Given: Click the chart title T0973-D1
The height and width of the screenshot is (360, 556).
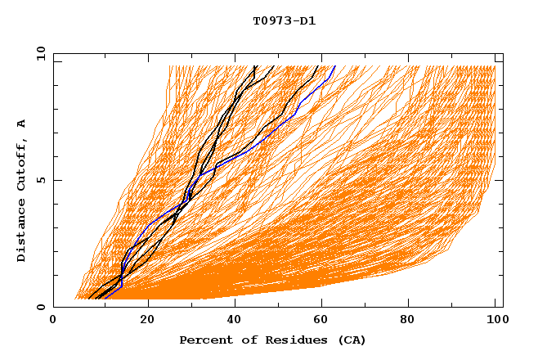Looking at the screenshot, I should [x=284, y=21].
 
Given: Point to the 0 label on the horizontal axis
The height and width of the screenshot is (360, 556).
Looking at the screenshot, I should [x=53, y=320].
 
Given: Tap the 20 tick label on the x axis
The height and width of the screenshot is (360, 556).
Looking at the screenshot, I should [x=147, y=320].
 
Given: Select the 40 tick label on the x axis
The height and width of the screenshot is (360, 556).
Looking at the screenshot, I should [x=235, y=320].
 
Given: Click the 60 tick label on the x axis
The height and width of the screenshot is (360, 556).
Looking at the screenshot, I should [x=324, y=320].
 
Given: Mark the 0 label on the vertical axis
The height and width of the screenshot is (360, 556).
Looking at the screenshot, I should [x=41, y=308].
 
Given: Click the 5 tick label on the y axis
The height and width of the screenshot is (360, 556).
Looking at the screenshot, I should [x=41, y=180].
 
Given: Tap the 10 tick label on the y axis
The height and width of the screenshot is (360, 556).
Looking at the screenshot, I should [x=39, y=53].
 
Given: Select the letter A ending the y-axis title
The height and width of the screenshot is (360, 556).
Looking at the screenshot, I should [x=22, y=124].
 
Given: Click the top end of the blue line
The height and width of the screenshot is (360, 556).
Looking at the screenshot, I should [x=334, y=65].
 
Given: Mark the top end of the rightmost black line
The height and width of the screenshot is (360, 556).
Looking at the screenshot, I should [x=319, y=65].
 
